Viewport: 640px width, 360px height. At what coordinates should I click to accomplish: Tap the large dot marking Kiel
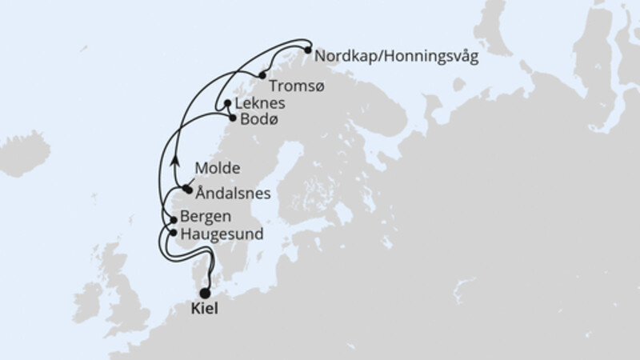point(205,293)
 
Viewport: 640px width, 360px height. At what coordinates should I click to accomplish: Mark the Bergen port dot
point(173,218)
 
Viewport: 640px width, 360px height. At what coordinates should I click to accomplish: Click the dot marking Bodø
point(233,118)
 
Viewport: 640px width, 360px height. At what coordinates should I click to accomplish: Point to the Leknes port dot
point(228,104)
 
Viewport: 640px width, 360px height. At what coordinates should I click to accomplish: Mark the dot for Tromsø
point(262,75)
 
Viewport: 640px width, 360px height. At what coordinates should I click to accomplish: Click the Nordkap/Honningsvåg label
point(397,58)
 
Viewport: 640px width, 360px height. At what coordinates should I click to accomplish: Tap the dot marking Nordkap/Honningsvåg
point(307,50)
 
